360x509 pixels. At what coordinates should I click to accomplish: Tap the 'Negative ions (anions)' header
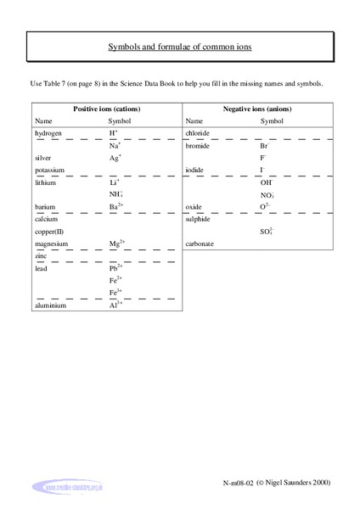click(254, 109)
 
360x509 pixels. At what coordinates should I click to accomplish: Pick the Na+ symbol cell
click(115, 146)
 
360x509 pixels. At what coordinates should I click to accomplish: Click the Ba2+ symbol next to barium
click(117, 206)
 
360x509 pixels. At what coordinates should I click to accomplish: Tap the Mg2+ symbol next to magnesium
click(118, 243)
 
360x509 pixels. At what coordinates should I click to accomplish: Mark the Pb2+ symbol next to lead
click(116, 267)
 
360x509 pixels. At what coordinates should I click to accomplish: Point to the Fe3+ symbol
click(115, 292)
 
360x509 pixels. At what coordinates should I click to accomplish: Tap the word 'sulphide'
click(199, 219)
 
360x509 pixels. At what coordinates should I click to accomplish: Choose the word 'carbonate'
click(200, 243)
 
